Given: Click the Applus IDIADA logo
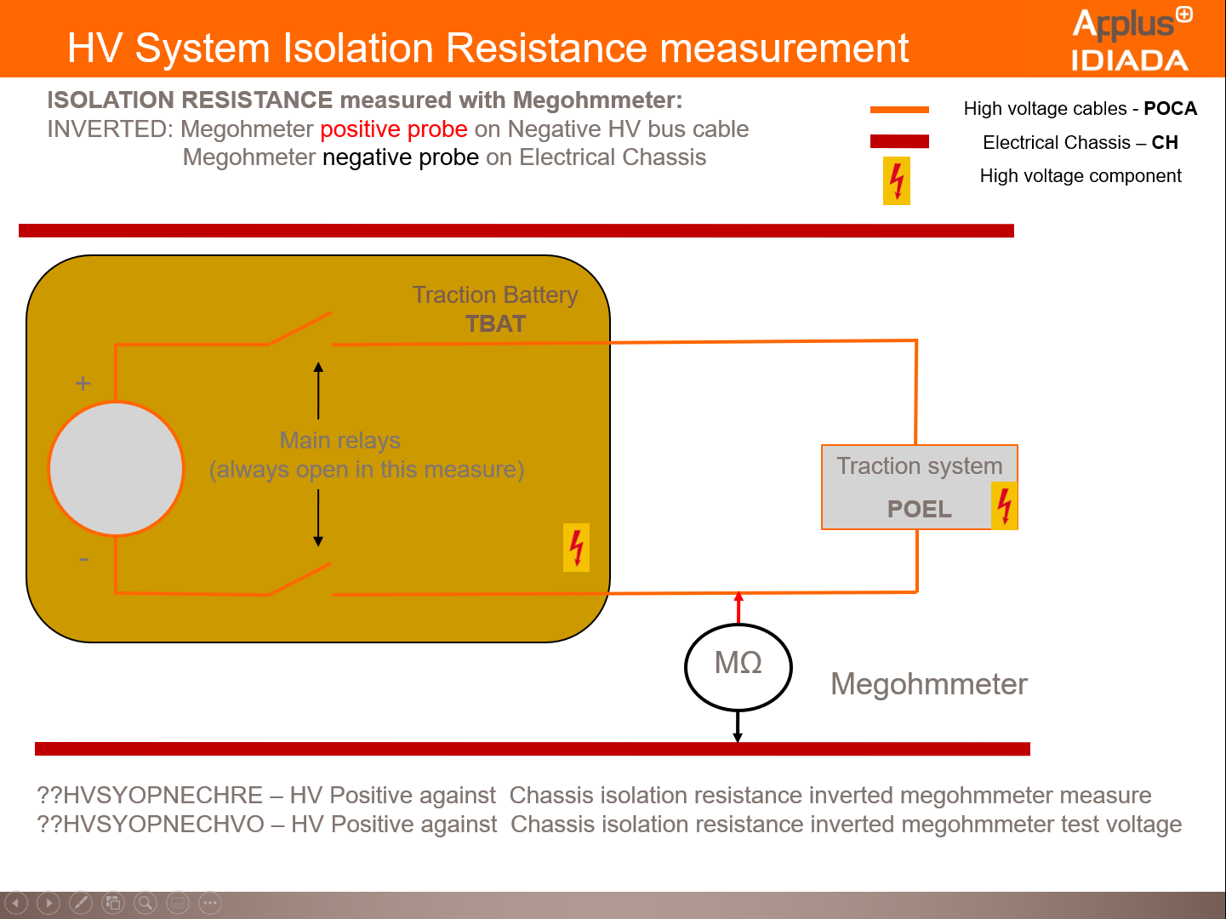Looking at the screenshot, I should [x=1131, y=39].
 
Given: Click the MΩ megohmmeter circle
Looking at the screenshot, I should [x=738, y=667].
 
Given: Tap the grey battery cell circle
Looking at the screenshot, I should [x=117, y=469].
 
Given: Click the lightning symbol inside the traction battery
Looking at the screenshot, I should [x=576, y=547].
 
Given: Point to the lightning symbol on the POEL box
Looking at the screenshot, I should [x=1004, y=505].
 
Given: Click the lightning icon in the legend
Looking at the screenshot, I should [x=897, y=180].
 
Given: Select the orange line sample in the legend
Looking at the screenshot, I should [x=899, y=109].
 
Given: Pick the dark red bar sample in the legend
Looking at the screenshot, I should [x=899, y=141].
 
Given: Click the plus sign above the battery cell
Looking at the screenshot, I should [x=83, y=383].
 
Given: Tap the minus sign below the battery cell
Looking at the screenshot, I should [x=83, y=559].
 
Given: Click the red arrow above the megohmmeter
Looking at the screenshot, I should [x=738, y=608].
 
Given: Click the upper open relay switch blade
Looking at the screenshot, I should [x=299, y=328].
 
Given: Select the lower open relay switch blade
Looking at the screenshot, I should [x=299, y=579].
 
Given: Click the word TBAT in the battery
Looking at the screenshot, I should [x=495, y=324].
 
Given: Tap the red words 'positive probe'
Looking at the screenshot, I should [x=394, y=129].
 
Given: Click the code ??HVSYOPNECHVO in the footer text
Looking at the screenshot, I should [x=151, y=825].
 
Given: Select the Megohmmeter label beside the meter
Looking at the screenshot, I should [x=929, y=684].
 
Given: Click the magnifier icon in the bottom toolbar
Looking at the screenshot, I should [x=145, y=903].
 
